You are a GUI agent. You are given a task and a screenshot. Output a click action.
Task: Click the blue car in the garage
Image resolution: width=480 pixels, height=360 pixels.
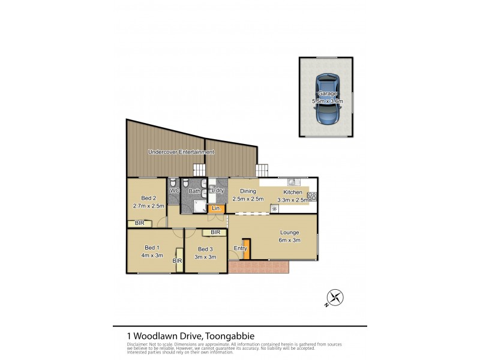(x=326, y=98)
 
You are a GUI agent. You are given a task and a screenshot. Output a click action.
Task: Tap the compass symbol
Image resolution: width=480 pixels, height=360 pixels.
(x=335, y=296)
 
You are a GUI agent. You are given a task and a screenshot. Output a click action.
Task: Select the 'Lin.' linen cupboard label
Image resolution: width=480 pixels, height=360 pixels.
(x=216, y=209)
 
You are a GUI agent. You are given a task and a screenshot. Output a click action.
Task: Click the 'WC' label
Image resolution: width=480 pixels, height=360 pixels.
(x=175, y=191)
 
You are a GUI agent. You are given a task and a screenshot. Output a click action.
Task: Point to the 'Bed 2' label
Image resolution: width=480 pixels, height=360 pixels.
(x=148, y=198)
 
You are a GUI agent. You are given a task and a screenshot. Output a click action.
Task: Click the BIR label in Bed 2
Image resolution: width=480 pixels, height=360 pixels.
(x=139, y=224)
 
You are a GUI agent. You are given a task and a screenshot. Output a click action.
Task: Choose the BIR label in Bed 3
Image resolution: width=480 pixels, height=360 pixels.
(x=215, y=232)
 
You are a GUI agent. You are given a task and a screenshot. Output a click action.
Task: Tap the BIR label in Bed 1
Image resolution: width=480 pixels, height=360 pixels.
(x=178, y=261)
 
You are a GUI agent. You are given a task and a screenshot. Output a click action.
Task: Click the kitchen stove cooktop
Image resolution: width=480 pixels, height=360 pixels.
(x=312, y=196)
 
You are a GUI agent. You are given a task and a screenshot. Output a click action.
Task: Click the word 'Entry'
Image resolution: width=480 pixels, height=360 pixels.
(x=240, y=248)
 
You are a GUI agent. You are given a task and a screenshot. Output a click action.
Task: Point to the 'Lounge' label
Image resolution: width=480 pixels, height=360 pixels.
(x=289, y=232)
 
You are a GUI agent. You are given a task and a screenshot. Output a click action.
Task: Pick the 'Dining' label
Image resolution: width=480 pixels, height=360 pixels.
(x=248, y=191)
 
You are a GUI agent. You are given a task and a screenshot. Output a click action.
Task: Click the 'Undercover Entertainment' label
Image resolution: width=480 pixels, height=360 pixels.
(x=181, y=152)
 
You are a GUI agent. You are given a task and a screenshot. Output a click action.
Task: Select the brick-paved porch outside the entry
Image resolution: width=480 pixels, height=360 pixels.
(x=259, y=267)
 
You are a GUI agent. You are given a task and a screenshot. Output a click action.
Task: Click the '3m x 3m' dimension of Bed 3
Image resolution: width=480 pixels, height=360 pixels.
(x=205, y=257)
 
